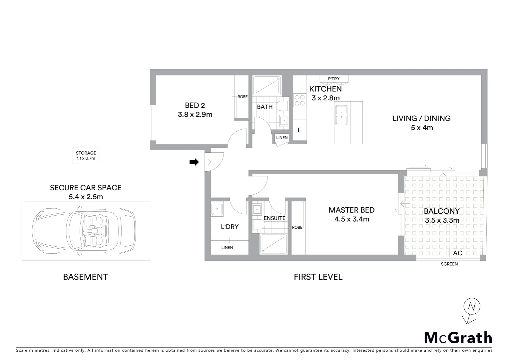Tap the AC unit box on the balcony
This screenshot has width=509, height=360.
457,253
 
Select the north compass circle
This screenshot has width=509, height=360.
471,306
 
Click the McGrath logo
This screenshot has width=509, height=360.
458,338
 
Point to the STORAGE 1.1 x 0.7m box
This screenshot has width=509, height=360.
86,156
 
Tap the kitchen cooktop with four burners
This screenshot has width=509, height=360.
299,100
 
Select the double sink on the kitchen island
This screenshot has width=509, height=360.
341,115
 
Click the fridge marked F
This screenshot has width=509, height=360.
299,130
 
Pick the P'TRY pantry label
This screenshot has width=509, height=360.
334,79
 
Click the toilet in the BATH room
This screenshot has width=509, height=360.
283,106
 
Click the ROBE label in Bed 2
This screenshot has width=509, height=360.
242,97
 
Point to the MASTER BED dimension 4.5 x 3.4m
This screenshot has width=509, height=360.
351,219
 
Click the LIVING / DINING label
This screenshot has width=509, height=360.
421,118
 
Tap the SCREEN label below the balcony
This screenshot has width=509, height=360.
449,264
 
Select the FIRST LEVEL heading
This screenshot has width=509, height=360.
318,277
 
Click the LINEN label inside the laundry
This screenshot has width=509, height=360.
227,248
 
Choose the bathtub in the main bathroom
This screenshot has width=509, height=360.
267,86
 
